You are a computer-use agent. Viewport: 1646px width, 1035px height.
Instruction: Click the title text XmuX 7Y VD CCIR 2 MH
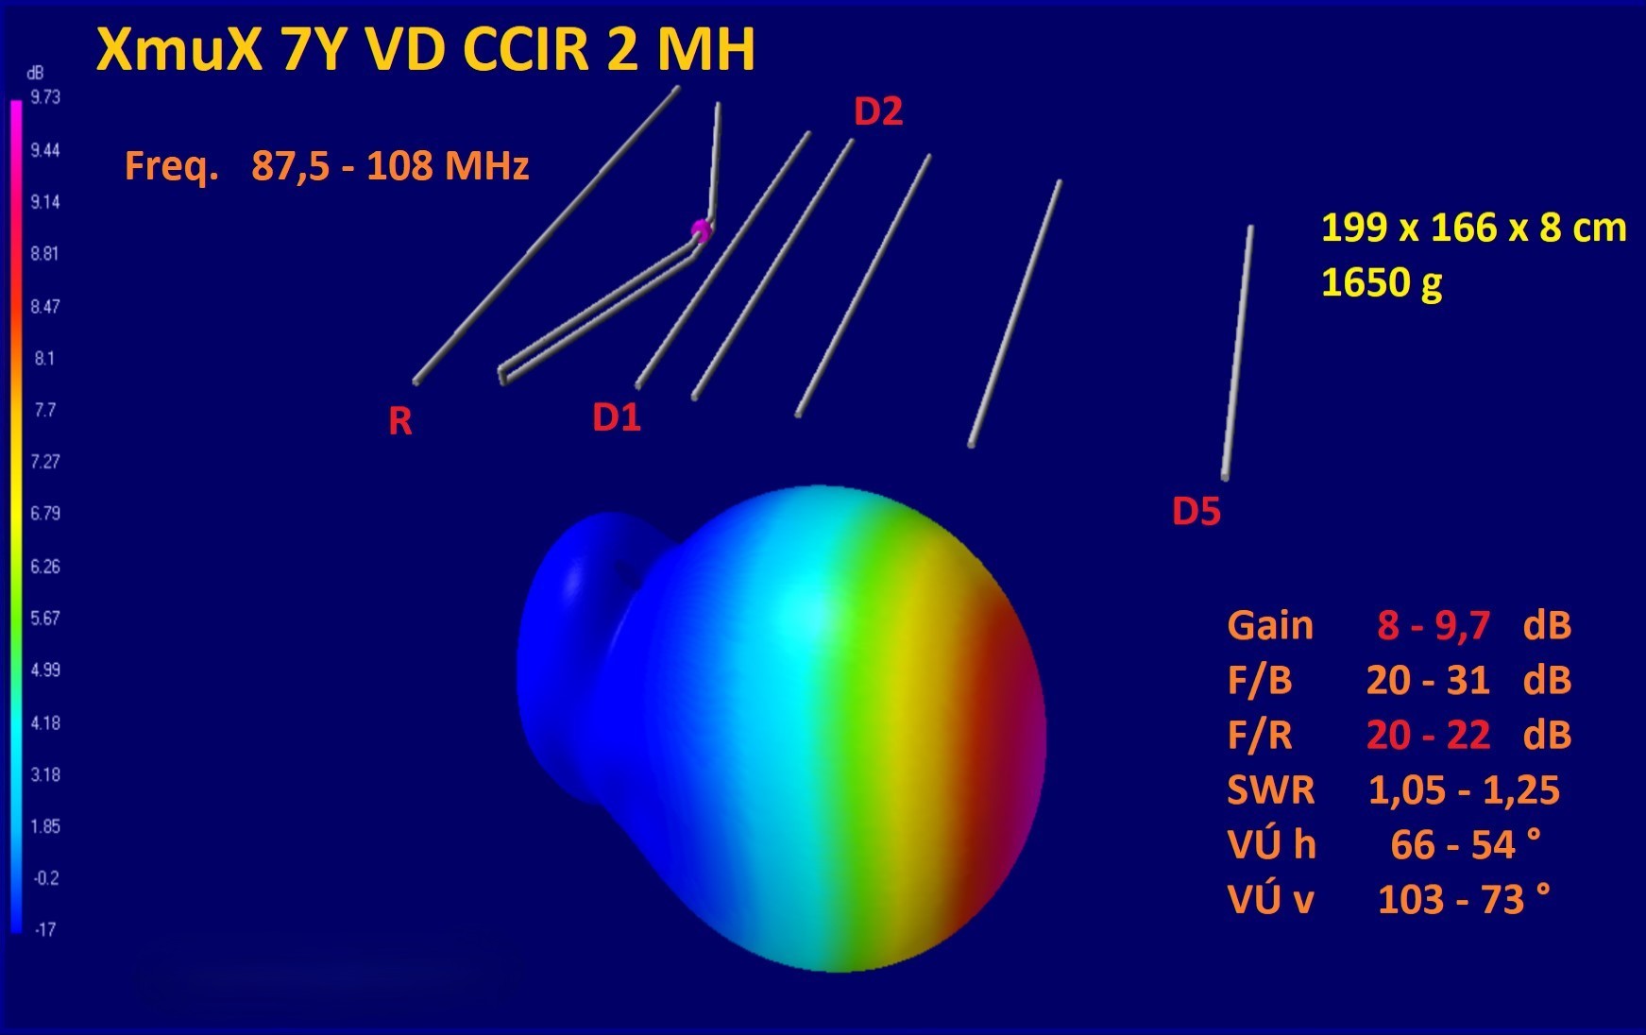point(426,49)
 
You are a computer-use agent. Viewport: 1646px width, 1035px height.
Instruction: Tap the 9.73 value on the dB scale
point(45,97)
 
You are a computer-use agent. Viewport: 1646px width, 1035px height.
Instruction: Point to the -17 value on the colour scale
point(45,929)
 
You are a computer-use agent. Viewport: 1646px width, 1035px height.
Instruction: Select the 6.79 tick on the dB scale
point(45,513)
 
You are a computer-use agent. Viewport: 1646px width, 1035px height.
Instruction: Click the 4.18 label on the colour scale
point(45,722)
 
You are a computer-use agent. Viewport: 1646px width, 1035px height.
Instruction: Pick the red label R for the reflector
point(400,421)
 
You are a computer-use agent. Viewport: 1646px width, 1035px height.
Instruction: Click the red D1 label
point(617,416)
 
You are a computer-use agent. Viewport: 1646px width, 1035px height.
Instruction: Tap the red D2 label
point(878,111)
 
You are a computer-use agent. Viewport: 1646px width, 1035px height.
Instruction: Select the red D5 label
point(1196,511)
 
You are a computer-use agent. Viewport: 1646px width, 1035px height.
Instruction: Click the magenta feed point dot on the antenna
point(700,229)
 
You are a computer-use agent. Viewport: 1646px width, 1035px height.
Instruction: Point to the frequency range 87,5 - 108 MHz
point(390,166)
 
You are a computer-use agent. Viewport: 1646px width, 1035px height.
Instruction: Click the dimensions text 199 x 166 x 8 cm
point(1473,228)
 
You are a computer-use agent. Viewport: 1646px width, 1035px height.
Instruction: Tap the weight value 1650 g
point(1382,282)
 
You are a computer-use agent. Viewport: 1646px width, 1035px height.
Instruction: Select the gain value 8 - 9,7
point(1434,625)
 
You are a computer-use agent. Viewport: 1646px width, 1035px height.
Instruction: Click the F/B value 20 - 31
point(1428,680)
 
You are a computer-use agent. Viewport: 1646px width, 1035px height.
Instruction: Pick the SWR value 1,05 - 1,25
point(1464,790)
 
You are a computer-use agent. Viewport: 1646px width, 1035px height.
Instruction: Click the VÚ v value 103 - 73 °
point(1464,899)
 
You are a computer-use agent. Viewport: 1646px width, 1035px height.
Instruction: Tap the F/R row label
point(1260,735)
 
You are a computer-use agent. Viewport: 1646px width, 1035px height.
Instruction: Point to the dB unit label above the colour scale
point(35,73)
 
